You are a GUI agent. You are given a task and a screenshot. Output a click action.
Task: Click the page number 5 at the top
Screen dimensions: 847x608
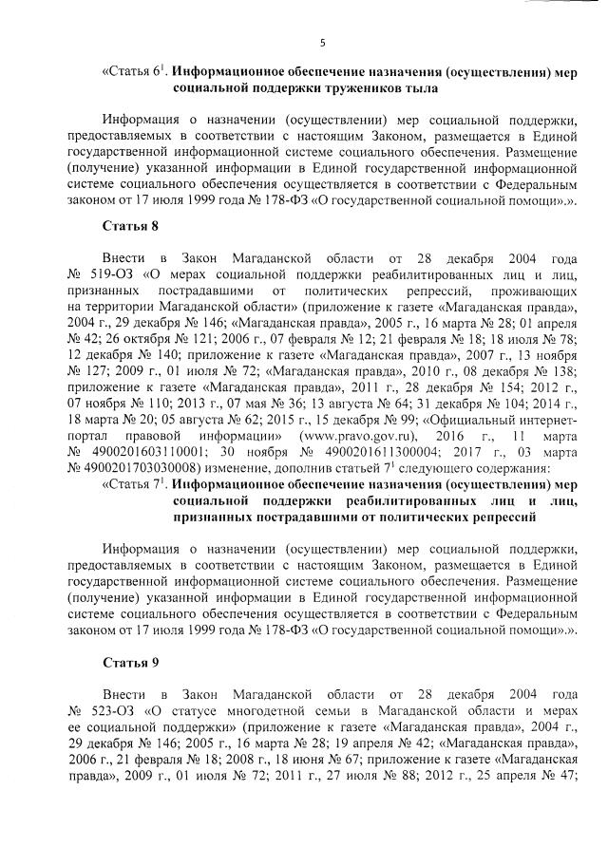click(x=323, y=42)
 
